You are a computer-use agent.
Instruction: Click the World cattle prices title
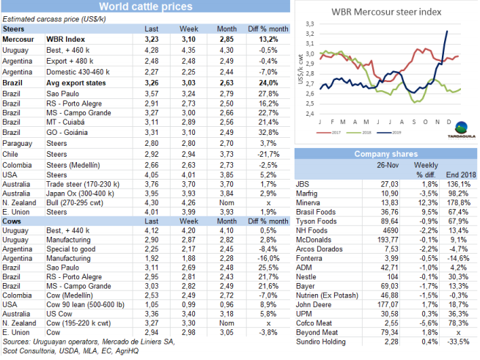pos(146,7)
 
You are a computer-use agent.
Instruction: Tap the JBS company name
pos(300,183)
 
